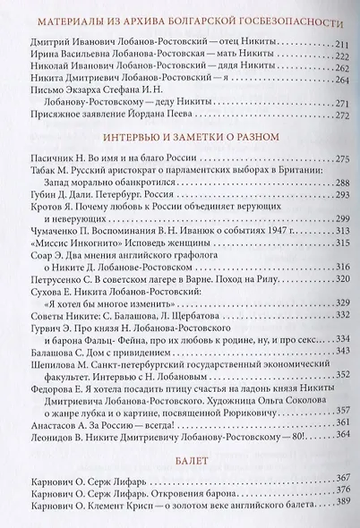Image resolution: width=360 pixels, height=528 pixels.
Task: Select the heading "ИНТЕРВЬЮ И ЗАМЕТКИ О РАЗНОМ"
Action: pyautogui.click(x=180, y=136)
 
